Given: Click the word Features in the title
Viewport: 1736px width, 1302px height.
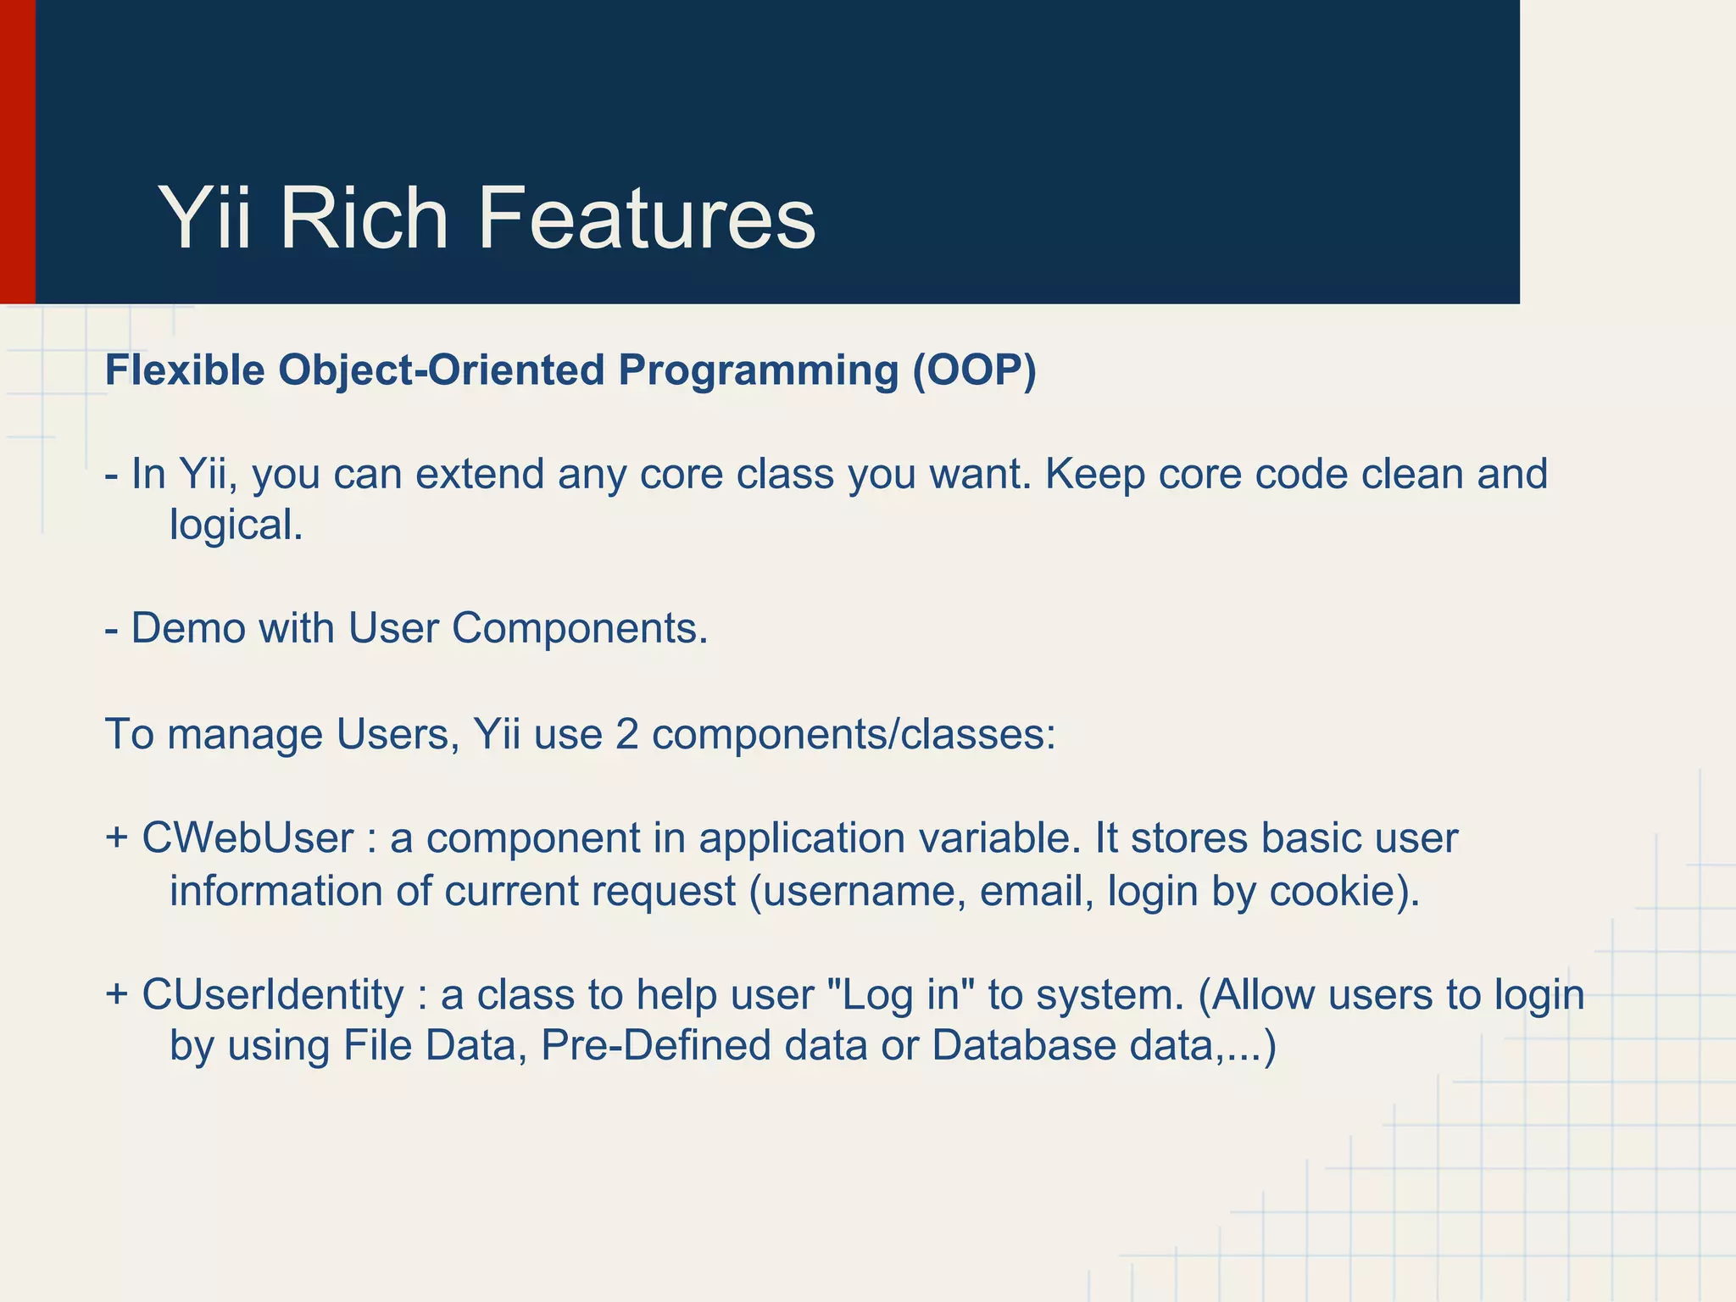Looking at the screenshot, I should click(x=646, y=219).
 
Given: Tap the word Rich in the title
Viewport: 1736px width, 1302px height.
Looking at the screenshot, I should click(x=364, y=219).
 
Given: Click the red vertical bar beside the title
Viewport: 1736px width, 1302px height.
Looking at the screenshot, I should click(x=17, y=153).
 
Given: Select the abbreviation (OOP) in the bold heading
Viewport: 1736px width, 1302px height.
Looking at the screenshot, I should click(x=974, y=370).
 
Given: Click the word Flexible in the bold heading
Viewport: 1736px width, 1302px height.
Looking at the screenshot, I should click(x=185, y=370).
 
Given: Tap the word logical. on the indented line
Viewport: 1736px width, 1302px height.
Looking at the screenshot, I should click(x=236, y=526).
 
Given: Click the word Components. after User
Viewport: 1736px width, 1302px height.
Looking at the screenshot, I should click(x=579, y=629).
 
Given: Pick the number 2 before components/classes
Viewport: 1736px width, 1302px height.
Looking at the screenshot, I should click(x=626, y=734).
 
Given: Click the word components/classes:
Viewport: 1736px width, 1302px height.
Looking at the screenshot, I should click(x=854, y=734).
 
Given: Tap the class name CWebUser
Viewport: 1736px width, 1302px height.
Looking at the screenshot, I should click(x=248, y=838).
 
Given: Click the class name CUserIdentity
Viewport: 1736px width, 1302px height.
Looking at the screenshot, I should click(x=273, y=994).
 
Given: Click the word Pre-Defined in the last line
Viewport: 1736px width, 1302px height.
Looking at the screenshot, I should click(x=655, y=1045).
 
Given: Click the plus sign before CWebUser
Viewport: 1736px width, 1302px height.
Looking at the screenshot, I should click(x=117, y=838).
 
